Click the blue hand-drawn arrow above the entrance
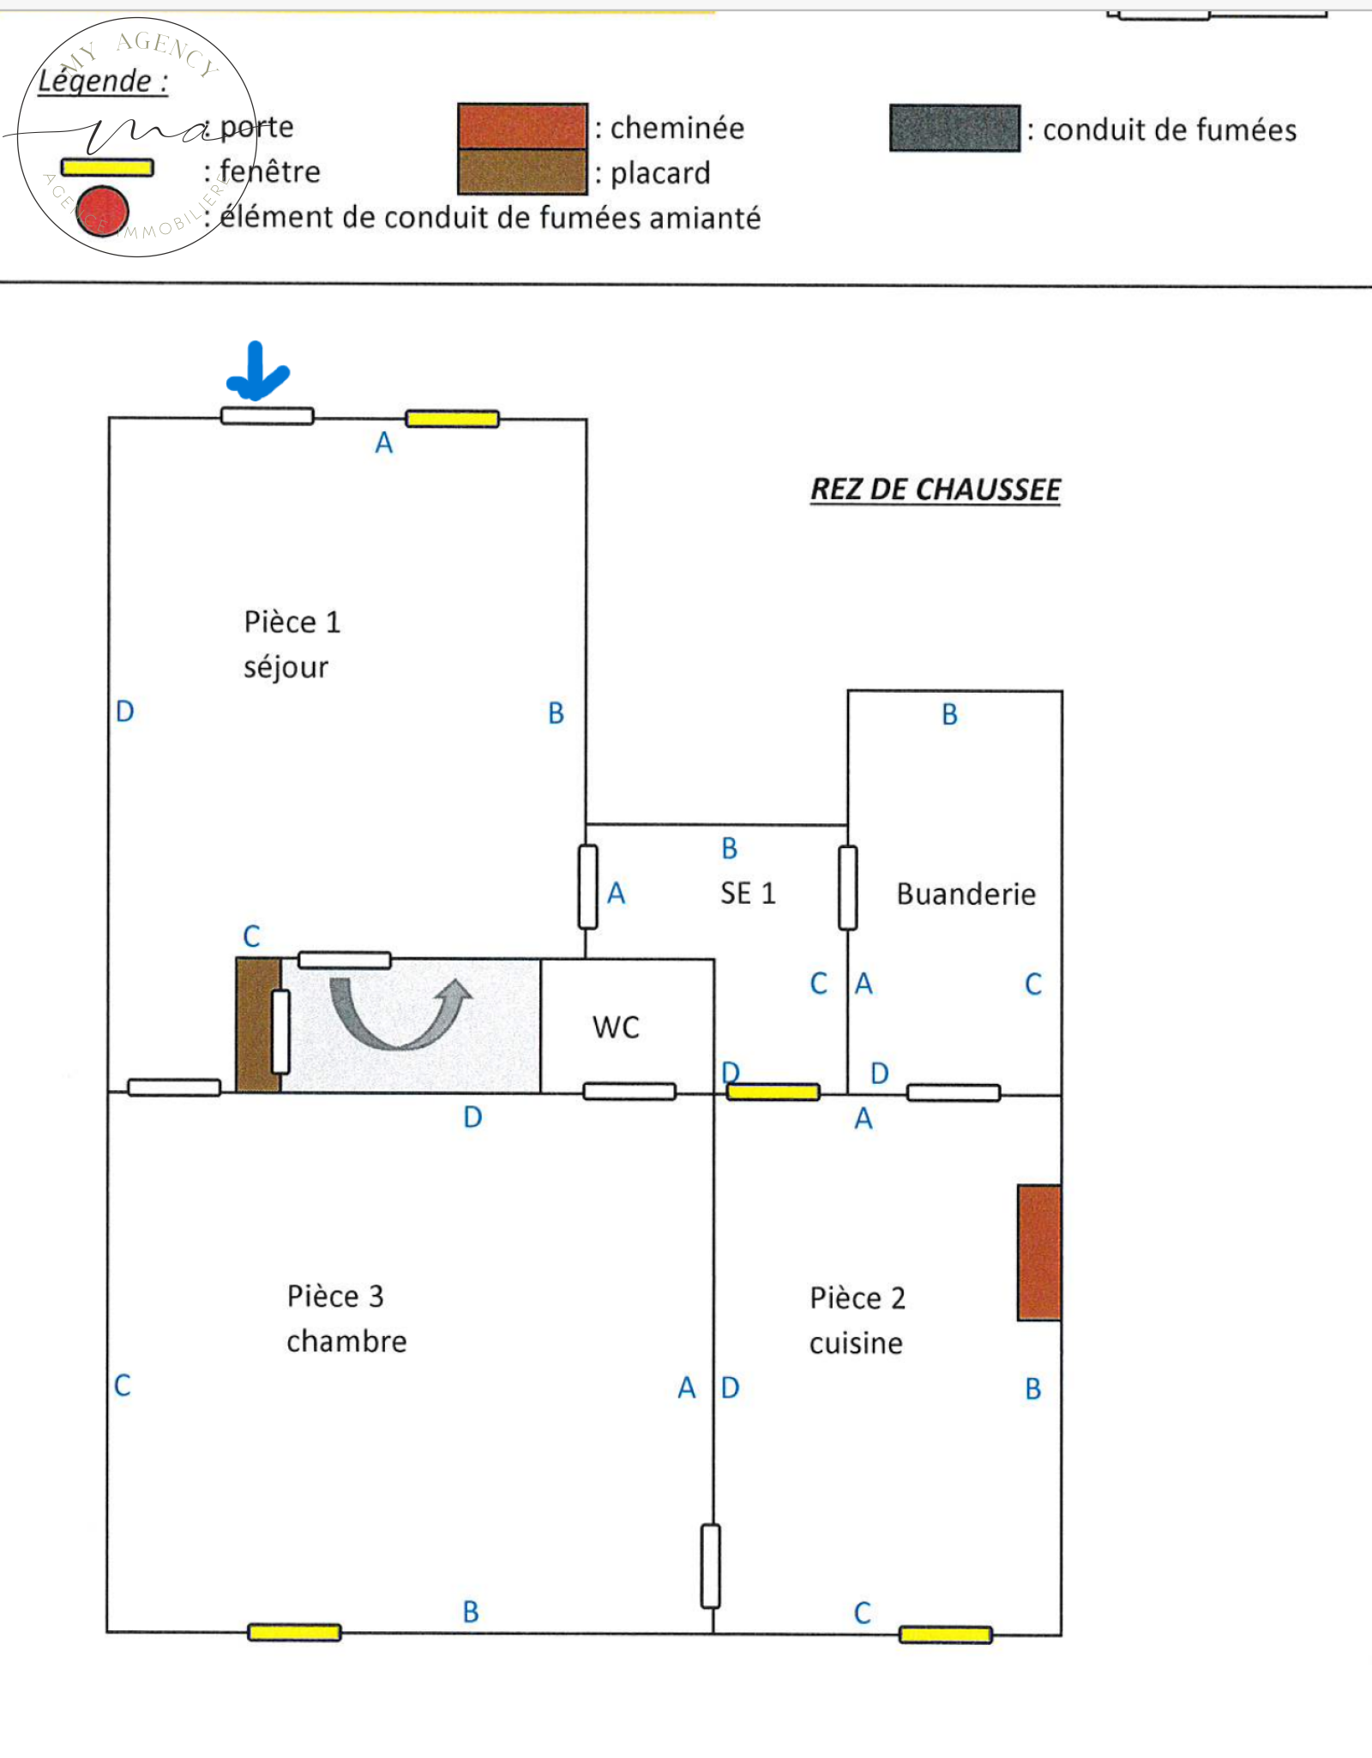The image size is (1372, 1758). click(256, 372)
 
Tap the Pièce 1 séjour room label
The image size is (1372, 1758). click(292, 644)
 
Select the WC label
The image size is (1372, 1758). click(616, 1027)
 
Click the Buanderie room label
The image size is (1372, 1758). click(966, 894)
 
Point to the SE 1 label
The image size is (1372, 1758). click(748, 894)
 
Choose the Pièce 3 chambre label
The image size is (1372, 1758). click(346, 1318)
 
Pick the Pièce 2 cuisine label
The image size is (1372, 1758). click(857, 1320)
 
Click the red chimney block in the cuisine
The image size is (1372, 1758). click(1038, 1252)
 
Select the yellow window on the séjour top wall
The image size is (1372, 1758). click(452, 418)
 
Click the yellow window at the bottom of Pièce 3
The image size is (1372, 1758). click(294, 1632)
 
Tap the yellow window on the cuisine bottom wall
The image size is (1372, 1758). click(945, 1635)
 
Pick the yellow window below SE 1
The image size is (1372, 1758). click(773, 1092)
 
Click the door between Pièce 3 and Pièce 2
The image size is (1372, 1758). click(710, 1566)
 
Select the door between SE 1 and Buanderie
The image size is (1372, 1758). click(847, 888)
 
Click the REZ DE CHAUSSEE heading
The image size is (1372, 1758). click(935, 490)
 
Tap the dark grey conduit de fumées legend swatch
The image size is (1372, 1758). click(954, 129)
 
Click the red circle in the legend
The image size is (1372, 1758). click(102, 211)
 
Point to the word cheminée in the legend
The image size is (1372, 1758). click(677, 128)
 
